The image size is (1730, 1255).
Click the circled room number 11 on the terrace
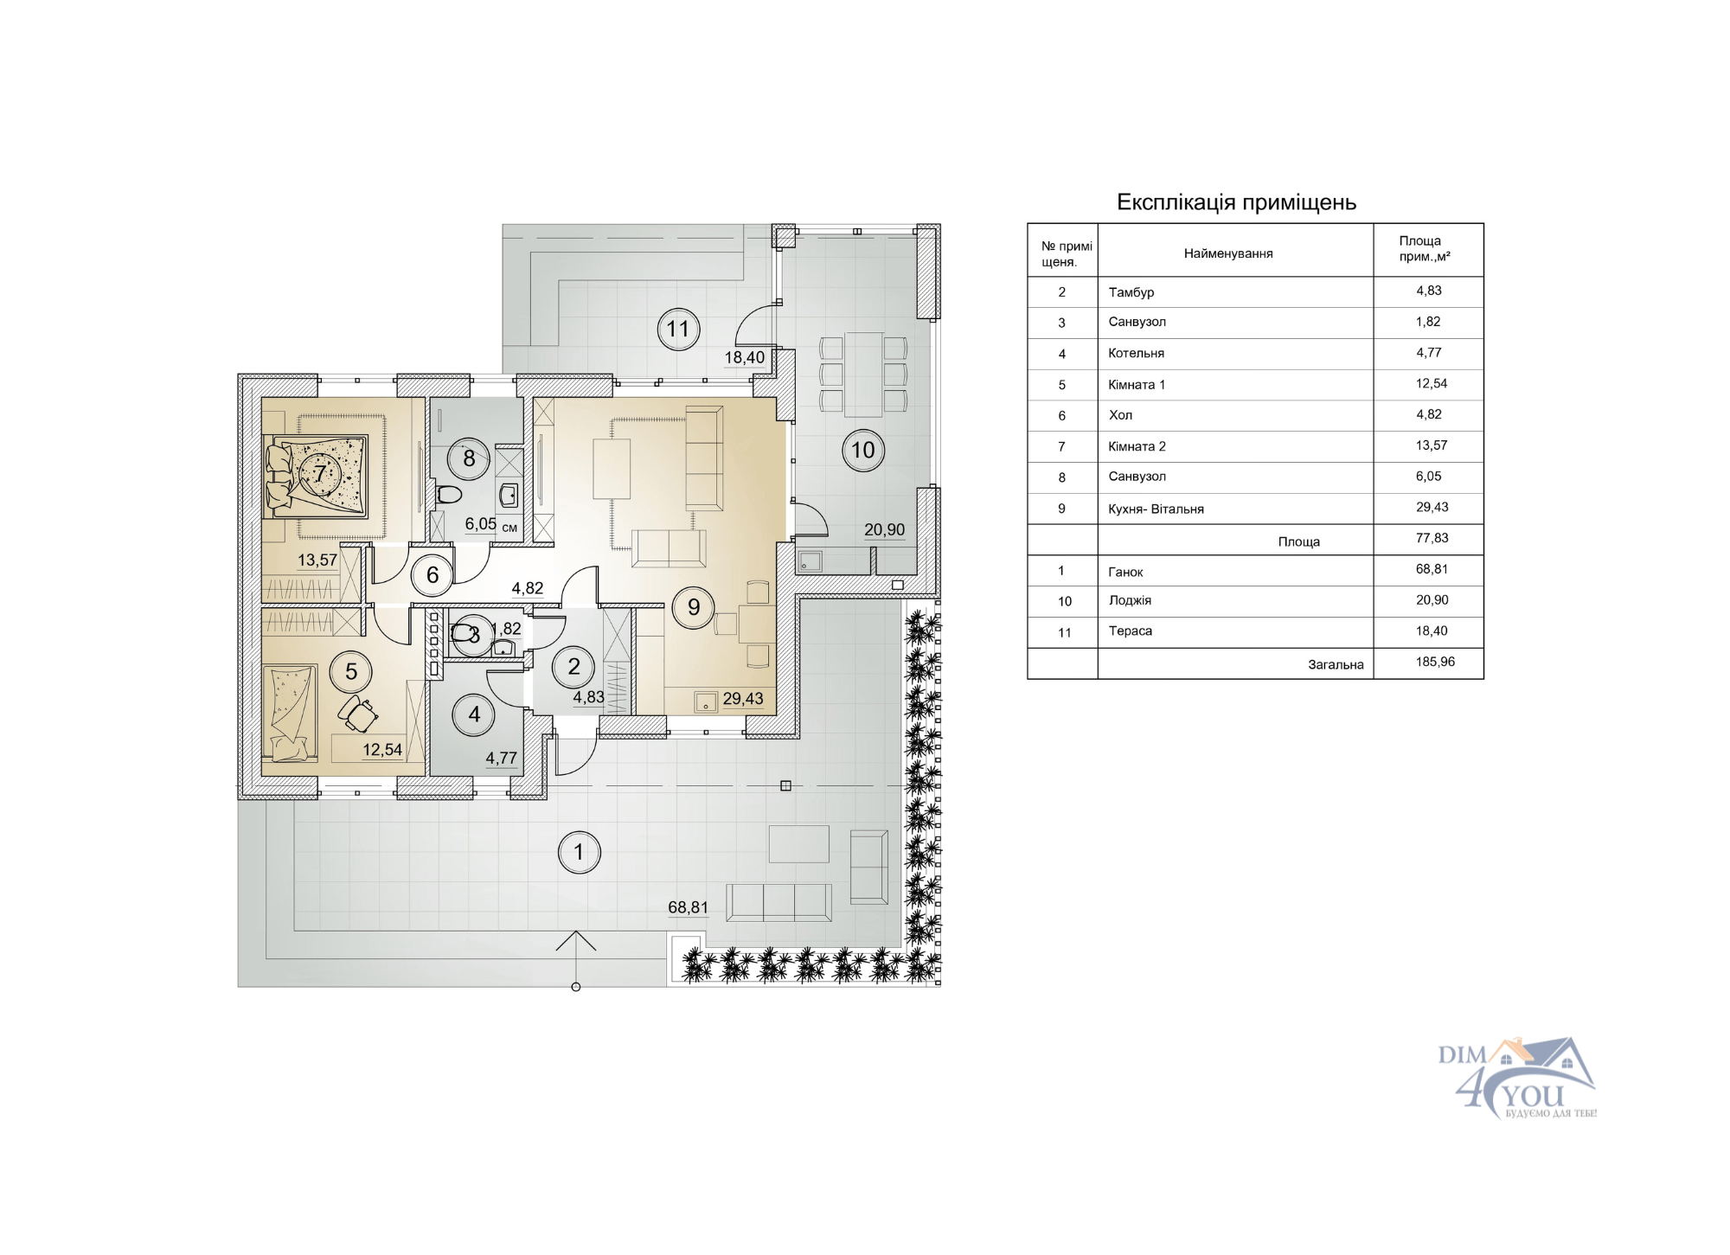tap(677, 329)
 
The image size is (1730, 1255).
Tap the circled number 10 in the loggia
tap(863, 450)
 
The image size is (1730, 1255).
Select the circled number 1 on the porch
tap(579, 852)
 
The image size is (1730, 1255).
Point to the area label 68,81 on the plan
tap(688, 907)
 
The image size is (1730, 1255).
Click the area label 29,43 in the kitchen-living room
tap(743, 699)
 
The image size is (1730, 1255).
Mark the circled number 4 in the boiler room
tap(474, 714)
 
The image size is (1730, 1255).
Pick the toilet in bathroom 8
tap(449, 495)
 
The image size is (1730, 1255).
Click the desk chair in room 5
tap(358, 714)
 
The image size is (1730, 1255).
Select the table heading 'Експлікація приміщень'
tap(1236, 202)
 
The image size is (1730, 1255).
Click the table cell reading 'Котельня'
tap(1136, 353)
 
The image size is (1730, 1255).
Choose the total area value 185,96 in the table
tap(1435, 662)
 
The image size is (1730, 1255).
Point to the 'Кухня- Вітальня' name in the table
tap(1156, 509)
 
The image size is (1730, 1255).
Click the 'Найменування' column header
tap(1228, 253)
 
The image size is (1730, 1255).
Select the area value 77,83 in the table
tap(1432, 538)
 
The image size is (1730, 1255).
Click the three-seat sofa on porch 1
tap(778, 903)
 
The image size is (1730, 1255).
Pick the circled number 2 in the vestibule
tap(573, 666)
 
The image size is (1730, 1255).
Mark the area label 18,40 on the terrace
tap(744, 357)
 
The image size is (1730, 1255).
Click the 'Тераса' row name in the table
tap(1130, 631)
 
